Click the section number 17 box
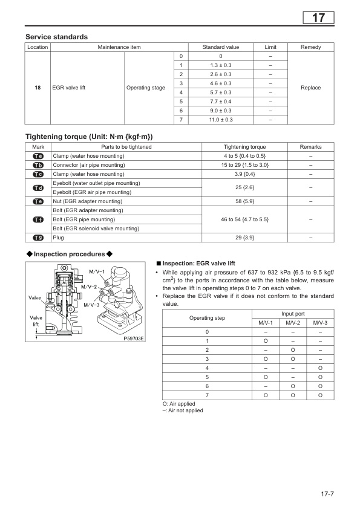coord(318,18)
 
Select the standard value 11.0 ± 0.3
coord(221,120)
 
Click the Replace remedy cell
coord(310,88)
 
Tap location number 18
coord(38,88)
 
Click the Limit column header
coord(270,47)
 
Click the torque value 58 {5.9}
coord(244,201)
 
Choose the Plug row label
coord(59,238)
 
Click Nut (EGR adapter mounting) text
coord(87,201)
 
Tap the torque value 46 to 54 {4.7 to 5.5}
coord(244,219)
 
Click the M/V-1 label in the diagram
coord(97,270)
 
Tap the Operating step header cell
coord(206,318)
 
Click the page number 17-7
coord(327,494)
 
